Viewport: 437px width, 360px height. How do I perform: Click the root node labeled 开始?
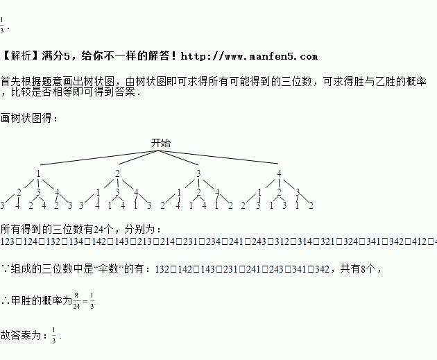point(161,143)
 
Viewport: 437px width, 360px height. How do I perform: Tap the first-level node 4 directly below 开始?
point(279,173)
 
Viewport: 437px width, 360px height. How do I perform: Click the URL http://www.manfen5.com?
point(257,56)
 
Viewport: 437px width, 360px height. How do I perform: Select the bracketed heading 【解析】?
point(20,56)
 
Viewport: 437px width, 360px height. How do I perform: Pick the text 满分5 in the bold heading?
point(57,56)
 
